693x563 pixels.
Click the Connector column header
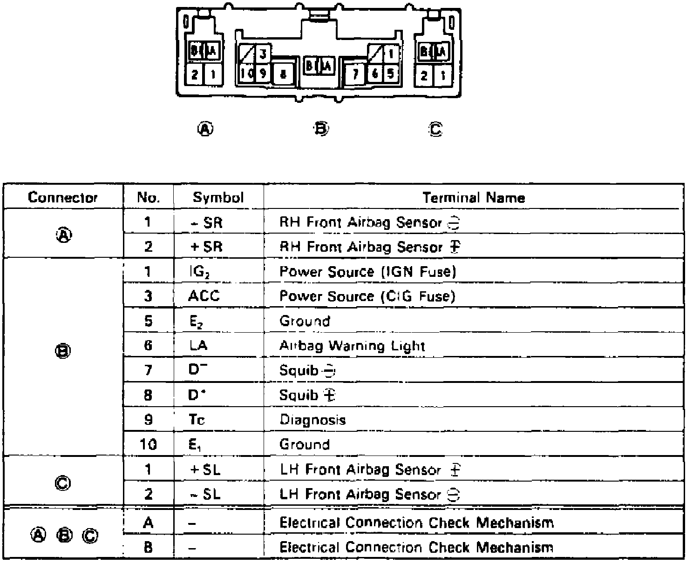point(63,197)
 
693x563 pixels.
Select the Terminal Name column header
point(474,198)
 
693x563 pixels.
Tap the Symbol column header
point(218,197)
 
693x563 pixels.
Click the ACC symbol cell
point(204,296)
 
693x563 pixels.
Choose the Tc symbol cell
point(197,420)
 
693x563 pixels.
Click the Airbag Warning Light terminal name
point(352,346)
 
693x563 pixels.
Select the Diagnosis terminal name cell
point(313,420)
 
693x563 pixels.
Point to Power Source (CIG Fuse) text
point(367,296)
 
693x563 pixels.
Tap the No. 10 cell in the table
point(148,444)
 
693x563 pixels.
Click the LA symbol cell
point(198,346)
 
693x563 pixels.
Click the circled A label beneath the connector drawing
point(205,129)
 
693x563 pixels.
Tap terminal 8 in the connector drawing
point(283,74)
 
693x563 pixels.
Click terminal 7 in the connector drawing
point(355,74)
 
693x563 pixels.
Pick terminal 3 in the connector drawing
point(263,54)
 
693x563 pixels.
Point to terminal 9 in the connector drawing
point(263,73)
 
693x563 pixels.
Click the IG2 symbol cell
point(199,272)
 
